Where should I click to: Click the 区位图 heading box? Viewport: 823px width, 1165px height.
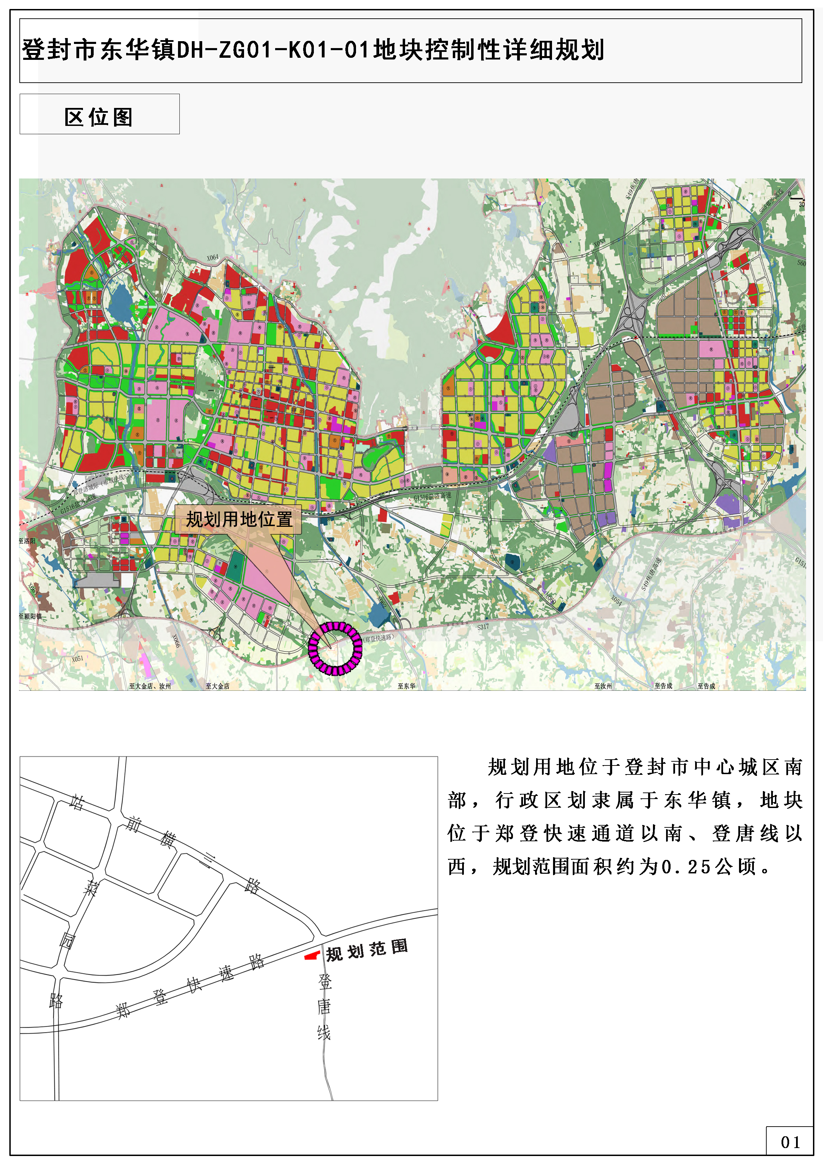(x=100, y=114)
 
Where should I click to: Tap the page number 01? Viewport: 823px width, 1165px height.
(x=790, y=1142)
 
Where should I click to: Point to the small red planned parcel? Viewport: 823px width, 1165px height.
(x=311, y=955)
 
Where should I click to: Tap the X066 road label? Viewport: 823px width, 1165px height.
(x=176, y=641)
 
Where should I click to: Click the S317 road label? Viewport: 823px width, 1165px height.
(x=483, y=627)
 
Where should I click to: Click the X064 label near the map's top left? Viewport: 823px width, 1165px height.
(x=213, y=257)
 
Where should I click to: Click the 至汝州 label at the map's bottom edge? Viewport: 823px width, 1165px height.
(x=603, y=686)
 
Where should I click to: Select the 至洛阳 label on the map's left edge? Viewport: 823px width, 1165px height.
(x=27, y=541)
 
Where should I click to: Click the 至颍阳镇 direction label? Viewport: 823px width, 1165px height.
(x=30, y=616)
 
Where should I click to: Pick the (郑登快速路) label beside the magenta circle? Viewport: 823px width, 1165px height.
(x=378, y=638)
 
